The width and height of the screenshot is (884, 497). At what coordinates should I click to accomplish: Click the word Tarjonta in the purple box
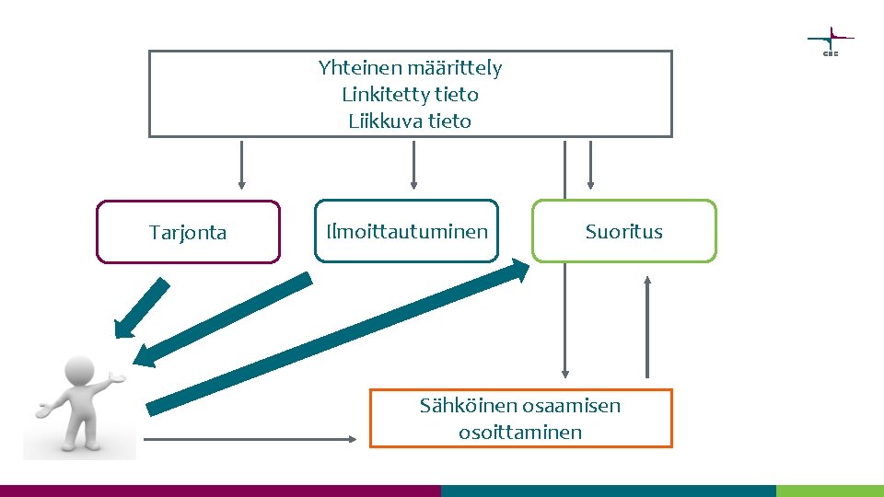click(x=188, y=233)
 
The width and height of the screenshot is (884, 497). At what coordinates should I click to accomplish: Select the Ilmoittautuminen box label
click(x=407, y=232)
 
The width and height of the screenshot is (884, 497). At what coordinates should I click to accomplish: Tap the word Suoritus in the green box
click(x=623, y=232)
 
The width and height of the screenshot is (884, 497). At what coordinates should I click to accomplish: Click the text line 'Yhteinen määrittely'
click(x=410, y=67)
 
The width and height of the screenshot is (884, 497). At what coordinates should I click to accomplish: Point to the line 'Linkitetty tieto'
click(x=410, y=94)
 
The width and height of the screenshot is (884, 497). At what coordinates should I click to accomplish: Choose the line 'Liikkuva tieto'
click(x=410, y=121)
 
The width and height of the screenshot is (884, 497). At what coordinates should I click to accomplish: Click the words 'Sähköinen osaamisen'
click(x=520, y=405)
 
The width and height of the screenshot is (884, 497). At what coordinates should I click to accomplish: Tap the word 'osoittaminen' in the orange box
click(x=520, y=432)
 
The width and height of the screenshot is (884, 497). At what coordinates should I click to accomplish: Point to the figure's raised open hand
click(x=117, y=377)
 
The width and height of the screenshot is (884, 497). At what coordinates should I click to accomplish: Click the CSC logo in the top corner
click(x=831, y=40)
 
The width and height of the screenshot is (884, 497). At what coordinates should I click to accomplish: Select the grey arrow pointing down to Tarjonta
click(x=241, y=165)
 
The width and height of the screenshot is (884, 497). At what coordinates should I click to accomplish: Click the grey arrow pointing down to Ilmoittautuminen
click(x=413, y=165)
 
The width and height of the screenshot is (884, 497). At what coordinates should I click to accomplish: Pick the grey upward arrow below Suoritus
click(x=647, y=327)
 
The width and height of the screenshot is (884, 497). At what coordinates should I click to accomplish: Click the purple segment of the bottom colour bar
click(x=221, y=491)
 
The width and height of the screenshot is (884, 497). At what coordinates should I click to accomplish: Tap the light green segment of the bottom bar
click(x=829, y=491)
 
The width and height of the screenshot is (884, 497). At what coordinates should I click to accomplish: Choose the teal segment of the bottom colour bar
click(x=608, y=491)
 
